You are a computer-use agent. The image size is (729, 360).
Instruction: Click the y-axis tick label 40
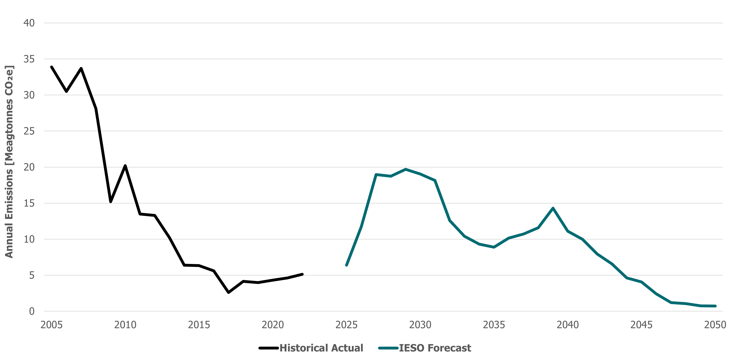point(29,23)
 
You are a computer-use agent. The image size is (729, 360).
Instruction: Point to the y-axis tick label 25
point(29,131)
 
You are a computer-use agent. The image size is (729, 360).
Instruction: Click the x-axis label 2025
point(346,325)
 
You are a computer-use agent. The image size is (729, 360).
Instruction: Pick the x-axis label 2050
point(715,325)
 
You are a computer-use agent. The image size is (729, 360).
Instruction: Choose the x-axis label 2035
point(494,325)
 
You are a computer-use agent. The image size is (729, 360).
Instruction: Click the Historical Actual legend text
point(321,348)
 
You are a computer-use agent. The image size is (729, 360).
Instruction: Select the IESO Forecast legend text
point(435,348)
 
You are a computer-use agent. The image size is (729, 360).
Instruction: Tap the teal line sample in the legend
point(388,348)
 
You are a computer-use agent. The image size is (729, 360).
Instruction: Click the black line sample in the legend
point(268,348)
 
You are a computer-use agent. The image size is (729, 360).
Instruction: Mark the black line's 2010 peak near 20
point(125,166)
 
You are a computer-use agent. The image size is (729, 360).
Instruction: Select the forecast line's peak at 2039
point(553,208)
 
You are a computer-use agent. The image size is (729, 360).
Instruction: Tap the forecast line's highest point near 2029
point(406,169)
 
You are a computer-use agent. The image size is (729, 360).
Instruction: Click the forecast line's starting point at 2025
point(346,265)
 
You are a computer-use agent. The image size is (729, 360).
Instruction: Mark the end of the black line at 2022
point(302,274)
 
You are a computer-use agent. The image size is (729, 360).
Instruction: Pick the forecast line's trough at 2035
point(494,247)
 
